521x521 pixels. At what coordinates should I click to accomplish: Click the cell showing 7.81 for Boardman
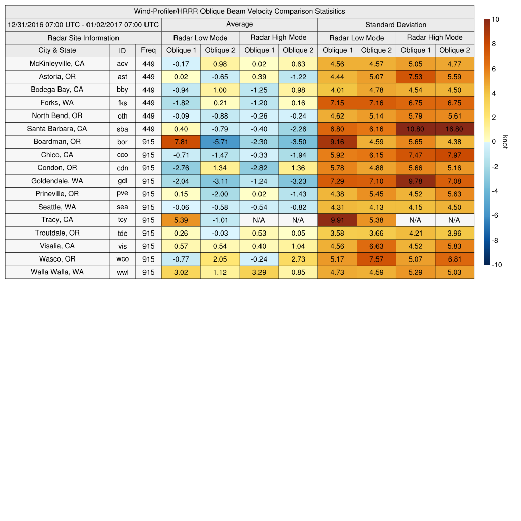click(181, 142)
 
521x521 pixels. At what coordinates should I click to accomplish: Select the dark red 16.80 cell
click(454, 129)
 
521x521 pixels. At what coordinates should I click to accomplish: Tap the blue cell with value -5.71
click(220, 142)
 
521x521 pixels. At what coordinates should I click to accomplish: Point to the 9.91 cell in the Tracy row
click(337, 220)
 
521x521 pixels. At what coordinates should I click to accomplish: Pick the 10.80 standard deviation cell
click(415, 129)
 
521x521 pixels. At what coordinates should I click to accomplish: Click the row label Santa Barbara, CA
click(57, 129)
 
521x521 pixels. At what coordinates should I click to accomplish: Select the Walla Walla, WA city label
click(57, 272)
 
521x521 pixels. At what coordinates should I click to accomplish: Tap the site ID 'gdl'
click(122, 181)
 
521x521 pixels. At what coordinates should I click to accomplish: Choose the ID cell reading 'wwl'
click(122, 272)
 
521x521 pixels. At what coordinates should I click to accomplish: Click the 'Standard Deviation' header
click(396, 25)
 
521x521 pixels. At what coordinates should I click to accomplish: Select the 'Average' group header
click(239, 24)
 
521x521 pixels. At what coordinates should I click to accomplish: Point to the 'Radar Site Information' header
click(83, 38)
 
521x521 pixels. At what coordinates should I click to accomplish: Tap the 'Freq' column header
click(148, 50)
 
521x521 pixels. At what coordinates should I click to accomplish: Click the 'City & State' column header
click(57, 50)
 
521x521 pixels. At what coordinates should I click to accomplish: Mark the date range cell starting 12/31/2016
click(83, 25)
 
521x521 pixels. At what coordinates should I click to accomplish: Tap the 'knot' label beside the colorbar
click(505, 142)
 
